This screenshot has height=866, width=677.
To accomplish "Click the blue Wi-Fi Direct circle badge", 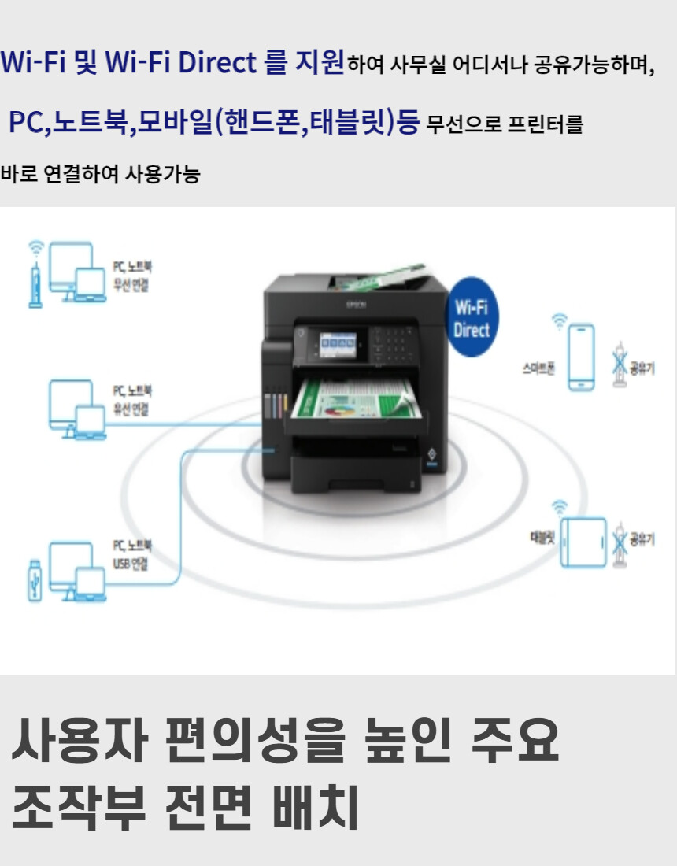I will [x=472, y=317].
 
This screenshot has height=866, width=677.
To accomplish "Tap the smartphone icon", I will [x=581, y=357].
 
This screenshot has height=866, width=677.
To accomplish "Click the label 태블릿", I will [x=542, y=538].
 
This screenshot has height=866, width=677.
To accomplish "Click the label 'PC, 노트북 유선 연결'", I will [x=131, y=399].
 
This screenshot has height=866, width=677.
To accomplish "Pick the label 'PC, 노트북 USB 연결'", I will [x=131, y=554].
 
